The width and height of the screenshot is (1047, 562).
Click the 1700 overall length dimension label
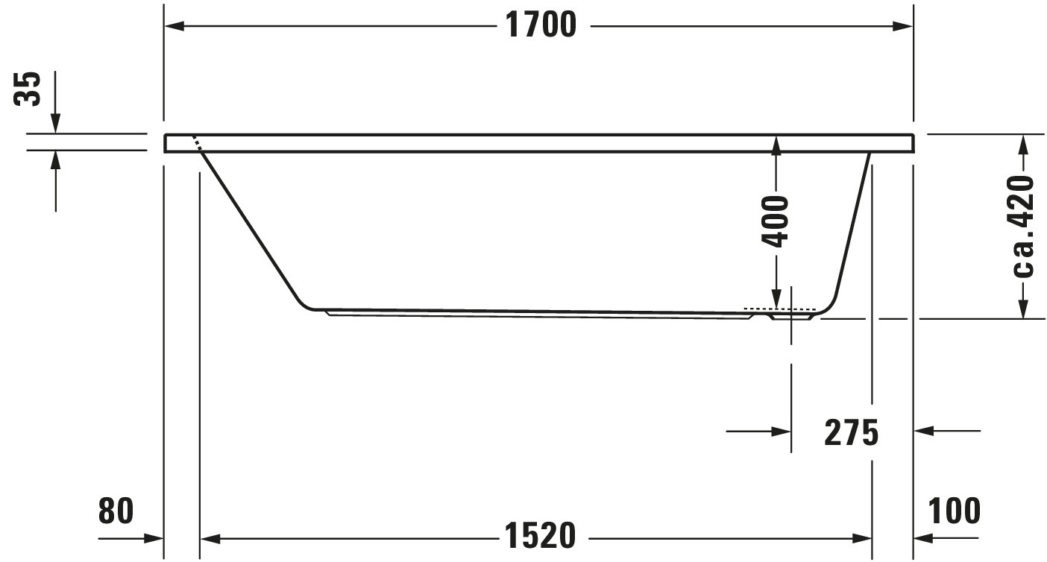pyautogui.click(x=541, y=25)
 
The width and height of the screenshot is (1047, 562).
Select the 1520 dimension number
pyautogui.click(x=541, y=536)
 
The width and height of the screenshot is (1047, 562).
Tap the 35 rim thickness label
pyautogui.click(x=28, y=89)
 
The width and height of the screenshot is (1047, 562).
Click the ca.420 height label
pyautogui.click(x=1022, y=227)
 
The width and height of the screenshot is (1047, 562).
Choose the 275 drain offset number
pyautogui.click(x=851, y=432)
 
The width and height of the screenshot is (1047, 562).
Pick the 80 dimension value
pyautogui.click(x=116, y=511)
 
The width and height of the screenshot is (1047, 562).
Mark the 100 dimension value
pyautogui.click(x=954, y=511)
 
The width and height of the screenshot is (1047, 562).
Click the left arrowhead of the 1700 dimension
pyautogui.click(x=174, y=26)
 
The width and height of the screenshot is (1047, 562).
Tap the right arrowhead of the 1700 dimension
pyautogui.click(x=902, y=26)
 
